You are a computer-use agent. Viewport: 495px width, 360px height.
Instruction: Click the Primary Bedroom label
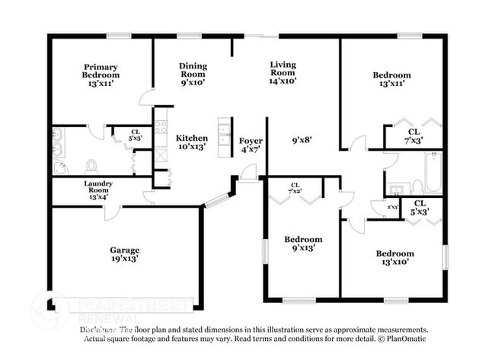pos(101,75)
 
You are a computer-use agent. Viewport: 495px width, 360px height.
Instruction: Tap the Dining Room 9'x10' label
pos(193,75)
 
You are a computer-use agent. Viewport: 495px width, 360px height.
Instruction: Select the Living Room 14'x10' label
pos(283,72)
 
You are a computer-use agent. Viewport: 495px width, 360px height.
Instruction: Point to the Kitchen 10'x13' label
pos(192,142)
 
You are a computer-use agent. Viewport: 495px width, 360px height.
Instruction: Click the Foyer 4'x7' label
pos(251,145)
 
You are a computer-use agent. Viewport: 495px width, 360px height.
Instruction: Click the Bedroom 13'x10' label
pos(394,257)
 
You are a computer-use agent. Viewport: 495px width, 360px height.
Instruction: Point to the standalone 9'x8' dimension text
pos(302,140)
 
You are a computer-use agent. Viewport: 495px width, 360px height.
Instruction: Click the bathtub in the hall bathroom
pos(431,174)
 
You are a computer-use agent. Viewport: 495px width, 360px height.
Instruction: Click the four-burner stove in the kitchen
pos(161,127)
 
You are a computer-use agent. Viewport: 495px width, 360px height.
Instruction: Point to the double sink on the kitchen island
pos(225,137)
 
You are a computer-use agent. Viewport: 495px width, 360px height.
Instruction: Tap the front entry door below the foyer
pos(247,177)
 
